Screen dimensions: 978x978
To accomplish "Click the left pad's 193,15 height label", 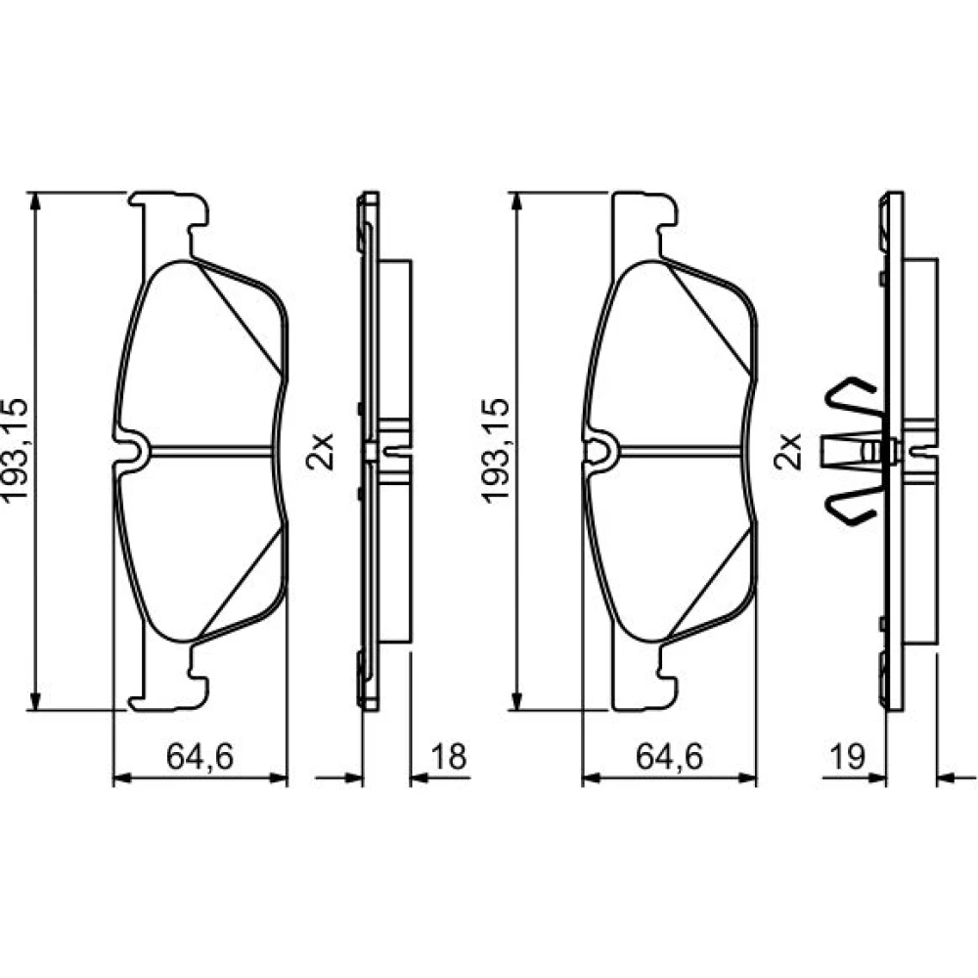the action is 16,449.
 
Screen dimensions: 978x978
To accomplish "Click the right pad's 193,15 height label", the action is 496,449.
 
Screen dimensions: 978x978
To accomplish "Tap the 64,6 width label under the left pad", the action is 200,757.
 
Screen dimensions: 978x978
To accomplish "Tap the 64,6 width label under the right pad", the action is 669,757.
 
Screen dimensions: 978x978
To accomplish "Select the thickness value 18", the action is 449,757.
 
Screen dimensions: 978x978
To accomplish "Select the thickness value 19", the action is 848,757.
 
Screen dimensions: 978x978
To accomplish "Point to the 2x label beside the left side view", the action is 320,451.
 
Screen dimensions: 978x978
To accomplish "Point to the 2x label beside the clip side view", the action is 787,451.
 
